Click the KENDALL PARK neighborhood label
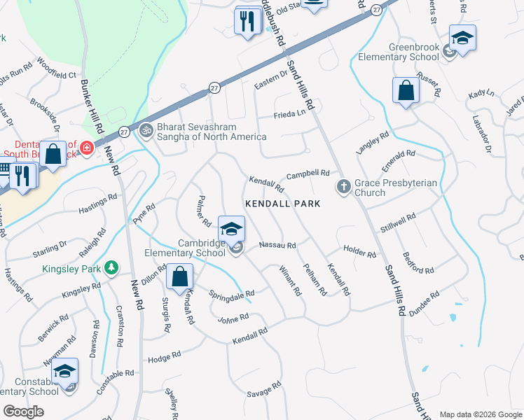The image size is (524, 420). click(282, 204)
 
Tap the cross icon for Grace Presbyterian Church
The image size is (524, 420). click(343, 187)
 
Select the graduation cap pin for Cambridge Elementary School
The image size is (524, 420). click(231, 228)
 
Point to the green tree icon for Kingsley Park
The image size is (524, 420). click(110, 267)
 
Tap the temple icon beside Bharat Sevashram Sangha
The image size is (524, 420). click(146, 129)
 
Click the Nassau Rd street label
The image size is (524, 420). click(277, 246)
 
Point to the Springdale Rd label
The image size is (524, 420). click(232, 294)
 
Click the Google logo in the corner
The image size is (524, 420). click(24, 411)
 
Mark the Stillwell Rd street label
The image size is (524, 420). click(399, 222)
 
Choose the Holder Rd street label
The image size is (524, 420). click(360, 251)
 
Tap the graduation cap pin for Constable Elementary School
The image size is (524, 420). click(65, 371)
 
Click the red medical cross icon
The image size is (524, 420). click(87, 148)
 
